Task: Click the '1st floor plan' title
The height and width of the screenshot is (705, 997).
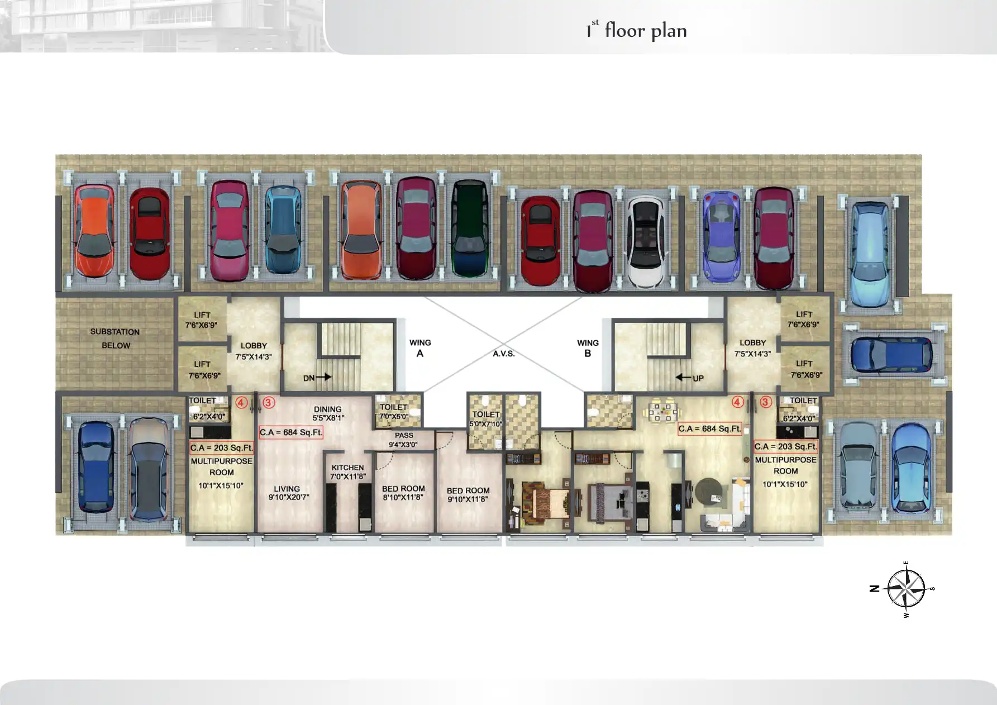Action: tap(636, 30)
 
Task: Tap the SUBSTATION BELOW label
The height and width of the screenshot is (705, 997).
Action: tap(115, 339)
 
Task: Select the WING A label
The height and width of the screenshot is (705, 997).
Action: tap(420, 347)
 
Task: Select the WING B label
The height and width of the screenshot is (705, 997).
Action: tap(588, 347)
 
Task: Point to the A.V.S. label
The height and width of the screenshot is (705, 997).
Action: tap(503, 354)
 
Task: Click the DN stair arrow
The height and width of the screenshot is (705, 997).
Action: tap(323, 377)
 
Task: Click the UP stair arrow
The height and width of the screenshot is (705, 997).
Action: tap(683, 378)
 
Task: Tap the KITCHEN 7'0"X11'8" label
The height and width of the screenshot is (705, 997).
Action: tap(347, 472)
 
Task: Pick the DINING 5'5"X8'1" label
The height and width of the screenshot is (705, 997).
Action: tap(328, 413)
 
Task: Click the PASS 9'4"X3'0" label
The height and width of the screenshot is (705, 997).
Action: tap(404, 440)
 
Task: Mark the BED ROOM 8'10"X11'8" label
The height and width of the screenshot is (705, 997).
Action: tap(403, 493)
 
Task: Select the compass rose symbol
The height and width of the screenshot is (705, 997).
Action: tap(906, 589)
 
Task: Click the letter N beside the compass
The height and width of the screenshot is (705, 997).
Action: tap(875, 588)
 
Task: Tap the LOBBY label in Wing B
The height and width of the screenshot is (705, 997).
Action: tap(752, 347)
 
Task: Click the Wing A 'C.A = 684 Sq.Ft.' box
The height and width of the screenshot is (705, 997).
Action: tap(291, 432)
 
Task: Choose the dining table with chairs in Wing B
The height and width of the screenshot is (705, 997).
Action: tap(663, 412)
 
